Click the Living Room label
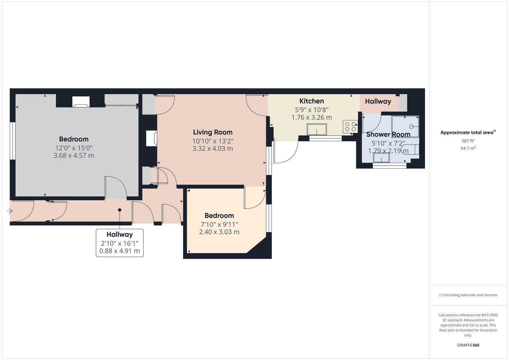(213, 132)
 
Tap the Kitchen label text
(311, 101)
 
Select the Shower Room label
(388, 135)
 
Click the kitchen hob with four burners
(350, 127)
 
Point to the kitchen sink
(316, 129)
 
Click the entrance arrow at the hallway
(9, 211)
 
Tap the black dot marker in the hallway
(120, 210)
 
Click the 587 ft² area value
(468, 141)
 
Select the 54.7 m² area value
(468, 148)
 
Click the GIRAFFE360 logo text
(468, 345)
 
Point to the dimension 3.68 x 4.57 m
(74, 155)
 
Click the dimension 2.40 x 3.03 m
(219, 232)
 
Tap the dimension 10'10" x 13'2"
(213, 141)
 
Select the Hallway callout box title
(120, 235)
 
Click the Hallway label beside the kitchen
(378, 101)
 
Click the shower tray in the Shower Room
(405, 127)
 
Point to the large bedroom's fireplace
(81, 102)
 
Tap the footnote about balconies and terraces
(468, 295)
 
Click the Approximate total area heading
(467, 133)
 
